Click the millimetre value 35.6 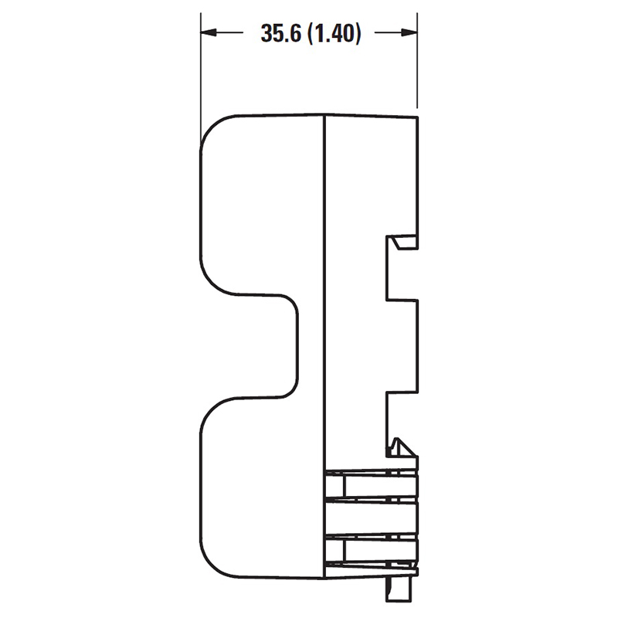coord(281,33)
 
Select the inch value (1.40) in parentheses coord(334,33)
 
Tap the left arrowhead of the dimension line coord(209,32)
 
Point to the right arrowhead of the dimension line coord(409,32)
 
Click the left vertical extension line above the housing coord(201,75)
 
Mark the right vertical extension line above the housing coord(417,60)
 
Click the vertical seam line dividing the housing coord(324,347)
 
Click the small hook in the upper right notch coord(402,243)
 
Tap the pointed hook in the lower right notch coord(401,447)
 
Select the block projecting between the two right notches coord(402,346)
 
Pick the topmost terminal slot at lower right coord(372,485)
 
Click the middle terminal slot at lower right coord(372,518)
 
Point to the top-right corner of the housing coord(417,117)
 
